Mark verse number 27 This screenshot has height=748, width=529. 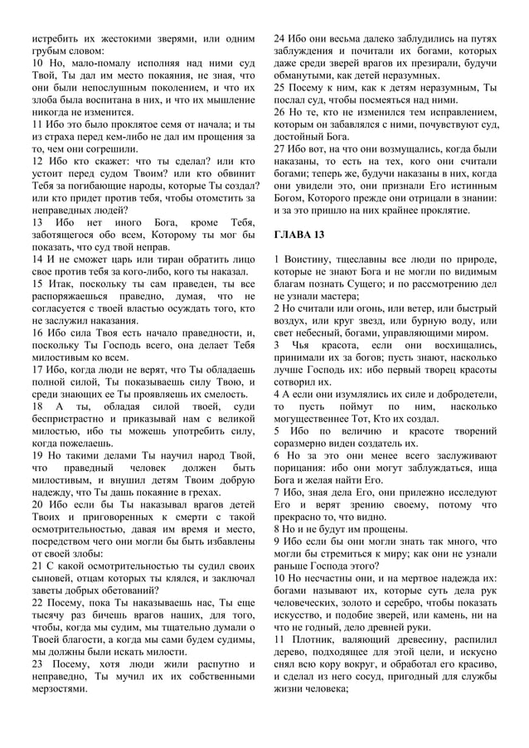pyautogui.click(x=279, y=148)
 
